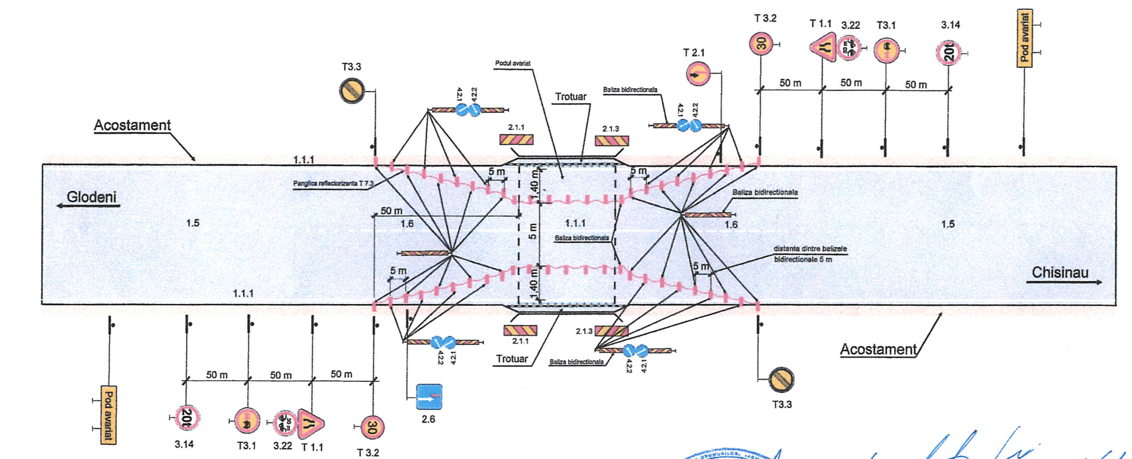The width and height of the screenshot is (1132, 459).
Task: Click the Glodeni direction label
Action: (91, 197)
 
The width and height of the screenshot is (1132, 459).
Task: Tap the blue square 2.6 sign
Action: (429, 397)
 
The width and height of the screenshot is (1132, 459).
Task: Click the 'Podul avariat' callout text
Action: (512, 63)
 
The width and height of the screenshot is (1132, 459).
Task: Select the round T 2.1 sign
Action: (698, 74)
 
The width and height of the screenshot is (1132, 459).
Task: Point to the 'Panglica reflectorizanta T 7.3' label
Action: (333, 184)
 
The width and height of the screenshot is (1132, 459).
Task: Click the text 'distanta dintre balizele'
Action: (810, 249)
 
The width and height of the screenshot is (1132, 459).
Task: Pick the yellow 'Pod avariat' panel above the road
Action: (1024, 39)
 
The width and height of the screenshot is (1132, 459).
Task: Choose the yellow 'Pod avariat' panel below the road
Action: (108, 415)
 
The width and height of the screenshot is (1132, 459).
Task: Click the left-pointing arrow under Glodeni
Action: (86, 206)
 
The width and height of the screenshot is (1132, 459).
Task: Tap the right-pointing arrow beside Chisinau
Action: (1064, 282)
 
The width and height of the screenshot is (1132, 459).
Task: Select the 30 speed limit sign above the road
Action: (761, 44)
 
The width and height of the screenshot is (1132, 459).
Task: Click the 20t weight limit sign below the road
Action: (187, 418)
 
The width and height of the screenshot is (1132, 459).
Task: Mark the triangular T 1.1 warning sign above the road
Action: (824, 46)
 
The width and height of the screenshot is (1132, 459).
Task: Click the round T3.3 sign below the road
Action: (782, 380)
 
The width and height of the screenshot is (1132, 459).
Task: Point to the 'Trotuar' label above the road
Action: (571, 97)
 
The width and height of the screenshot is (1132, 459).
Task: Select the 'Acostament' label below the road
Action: (878, 350)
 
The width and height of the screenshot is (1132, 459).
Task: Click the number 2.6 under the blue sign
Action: (428, 419)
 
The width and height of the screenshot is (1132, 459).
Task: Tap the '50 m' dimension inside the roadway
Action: (391, 211)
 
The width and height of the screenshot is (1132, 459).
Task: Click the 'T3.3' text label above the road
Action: (351, 67)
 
